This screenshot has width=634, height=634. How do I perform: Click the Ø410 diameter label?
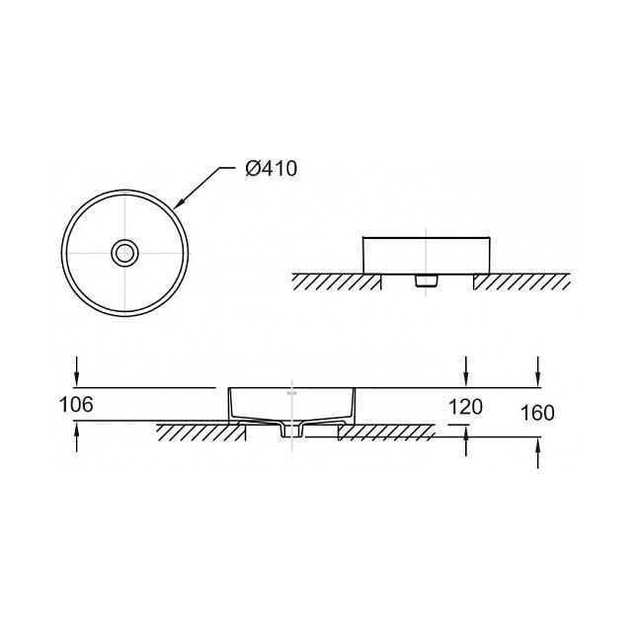pos(272,168)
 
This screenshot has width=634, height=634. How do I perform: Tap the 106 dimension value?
pos(76,404)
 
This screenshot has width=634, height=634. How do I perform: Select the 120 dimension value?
pos(466,407)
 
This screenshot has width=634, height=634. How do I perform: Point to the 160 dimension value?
pos(537,413)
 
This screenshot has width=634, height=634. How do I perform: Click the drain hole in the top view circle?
pos(124,253)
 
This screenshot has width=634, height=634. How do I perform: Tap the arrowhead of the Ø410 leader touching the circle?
pos(178,204)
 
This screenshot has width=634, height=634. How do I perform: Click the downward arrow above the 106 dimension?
pos(76,371)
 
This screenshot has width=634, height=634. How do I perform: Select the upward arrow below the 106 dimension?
pos(76,436)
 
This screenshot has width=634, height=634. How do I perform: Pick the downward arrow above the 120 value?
pos(466,371)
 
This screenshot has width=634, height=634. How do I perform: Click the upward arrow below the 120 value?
pos(466,441)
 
